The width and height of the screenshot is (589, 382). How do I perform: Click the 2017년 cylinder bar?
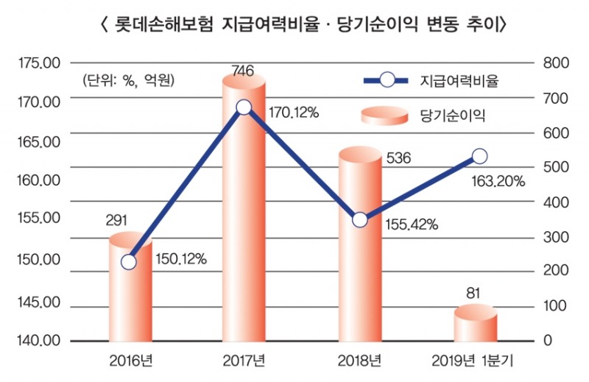pyautogui.click(x=244, y=221)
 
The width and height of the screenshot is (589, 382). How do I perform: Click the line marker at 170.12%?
pyautogui.click(x=244, y=108)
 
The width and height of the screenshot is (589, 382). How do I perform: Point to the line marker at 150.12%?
pyautogui.click(x=129, y=262)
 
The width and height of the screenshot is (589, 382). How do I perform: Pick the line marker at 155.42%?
pyautogui.click(x=360, y=219)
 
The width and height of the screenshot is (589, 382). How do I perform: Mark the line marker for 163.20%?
pyautogui.click(x=479, y=156)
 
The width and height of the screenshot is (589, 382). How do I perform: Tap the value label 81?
pyautogui.click(x=473, y=294)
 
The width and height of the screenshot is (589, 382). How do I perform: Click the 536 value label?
pyautogui.click(x=398, y=158)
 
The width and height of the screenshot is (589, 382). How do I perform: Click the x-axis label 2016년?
pyautogui.click(x=130, y=361)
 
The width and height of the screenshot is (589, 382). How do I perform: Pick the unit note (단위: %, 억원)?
pyautogui.click(x=124, y=80)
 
